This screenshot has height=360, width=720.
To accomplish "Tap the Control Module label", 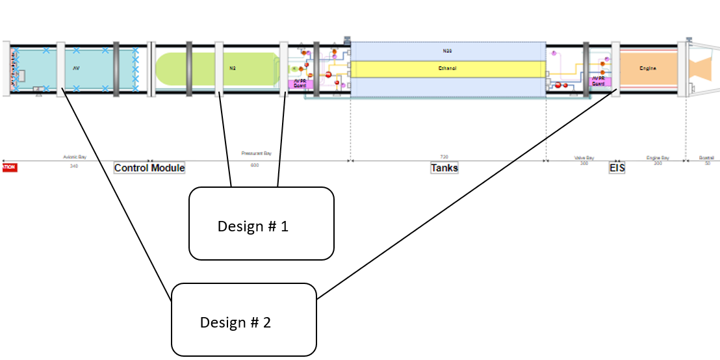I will pyautogui.click(x=149, y=168).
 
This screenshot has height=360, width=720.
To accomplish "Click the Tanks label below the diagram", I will pyautogui.click(x=444, y=168).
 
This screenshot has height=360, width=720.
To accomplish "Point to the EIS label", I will pyautogui.click(x=617, y=168).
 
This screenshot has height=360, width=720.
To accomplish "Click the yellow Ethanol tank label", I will pyautogui.click(x=447, y=68).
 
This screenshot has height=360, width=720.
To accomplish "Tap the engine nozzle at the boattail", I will pyautogui.click(x=701, y=69).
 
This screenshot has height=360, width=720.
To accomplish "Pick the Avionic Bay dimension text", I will pyautogui.click(x=75, y=157).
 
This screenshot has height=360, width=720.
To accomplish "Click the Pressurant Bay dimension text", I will pyautogui.click(x=256, y=153).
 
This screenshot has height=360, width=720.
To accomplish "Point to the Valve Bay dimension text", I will pyautogui.click(x=584, y=157).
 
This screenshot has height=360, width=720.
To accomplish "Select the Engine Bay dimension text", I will pyautogui.click(x=658, y=157).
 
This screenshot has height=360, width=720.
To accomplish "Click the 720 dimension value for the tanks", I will pyautogui.click(x=444, y=157).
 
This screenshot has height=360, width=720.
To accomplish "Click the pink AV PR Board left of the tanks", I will pyautogui.click(x=300, y=83).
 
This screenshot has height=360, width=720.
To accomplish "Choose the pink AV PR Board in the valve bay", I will pyautogui.click(x=598, y=81).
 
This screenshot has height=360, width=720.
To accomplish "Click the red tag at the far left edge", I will pyautogui.click(x=8, y=168).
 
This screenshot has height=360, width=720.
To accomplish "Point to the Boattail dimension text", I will pyautogui.click(x=706, y=157).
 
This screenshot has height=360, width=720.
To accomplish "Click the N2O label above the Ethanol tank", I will pyautogui.click(x=447, y=49).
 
